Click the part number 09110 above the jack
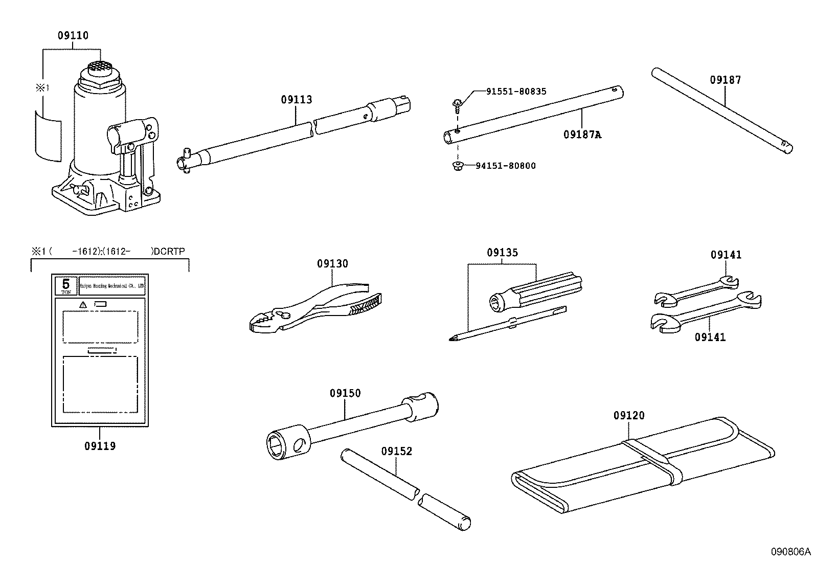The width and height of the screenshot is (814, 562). pos(73,35)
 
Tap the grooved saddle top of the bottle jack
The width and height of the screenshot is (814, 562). pos(101,66)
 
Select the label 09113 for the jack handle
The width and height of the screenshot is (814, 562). pos(296,100)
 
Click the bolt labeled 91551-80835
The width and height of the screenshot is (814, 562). pos(458,105)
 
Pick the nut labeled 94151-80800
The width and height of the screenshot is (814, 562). pos(457,165)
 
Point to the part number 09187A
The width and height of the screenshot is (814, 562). pos(582,134)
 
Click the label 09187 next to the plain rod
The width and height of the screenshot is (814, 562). pos(725,80)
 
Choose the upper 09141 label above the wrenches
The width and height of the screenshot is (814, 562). pos(726,255)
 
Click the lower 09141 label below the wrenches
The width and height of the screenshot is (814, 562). pos(710,337)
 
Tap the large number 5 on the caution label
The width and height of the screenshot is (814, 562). pos(65,284)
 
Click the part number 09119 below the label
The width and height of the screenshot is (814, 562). pos(100,446)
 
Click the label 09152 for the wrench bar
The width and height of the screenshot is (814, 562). pos(396,451)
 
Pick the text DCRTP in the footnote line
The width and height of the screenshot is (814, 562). pos(169,251)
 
